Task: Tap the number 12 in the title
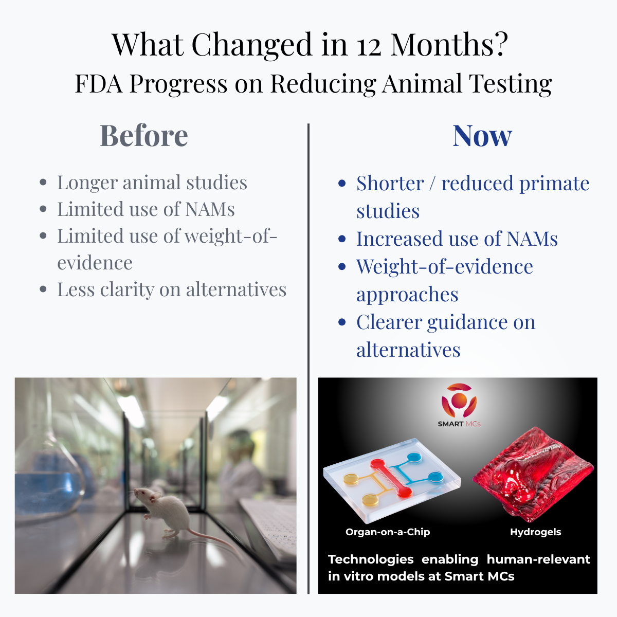(369, 45)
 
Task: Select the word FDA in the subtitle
(99, 84)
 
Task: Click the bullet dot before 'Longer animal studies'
(43, 183)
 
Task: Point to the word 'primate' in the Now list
(554, 184)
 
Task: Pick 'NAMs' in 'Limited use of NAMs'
(210, 209)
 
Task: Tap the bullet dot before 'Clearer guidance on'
(342, 322)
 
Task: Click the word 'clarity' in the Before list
(127, 290)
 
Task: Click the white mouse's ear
(155, 496)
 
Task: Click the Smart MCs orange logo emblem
(459, 401)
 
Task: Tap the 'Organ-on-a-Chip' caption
(388, 532)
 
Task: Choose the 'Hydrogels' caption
(535, 532)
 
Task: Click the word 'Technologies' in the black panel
(371, 559)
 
